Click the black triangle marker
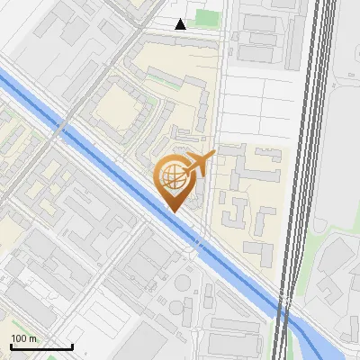(181, 24)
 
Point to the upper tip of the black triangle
(181, 19)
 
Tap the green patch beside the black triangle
(207, 17)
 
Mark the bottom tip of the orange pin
(175, 211)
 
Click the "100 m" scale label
(23, 338)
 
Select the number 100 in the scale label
(19, 338)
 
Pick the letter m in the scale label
(34, 339)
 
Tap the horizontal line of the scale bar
(41, 346)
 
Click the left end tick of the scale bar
(11, 345)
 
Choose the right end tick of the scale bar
(72, 345)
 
